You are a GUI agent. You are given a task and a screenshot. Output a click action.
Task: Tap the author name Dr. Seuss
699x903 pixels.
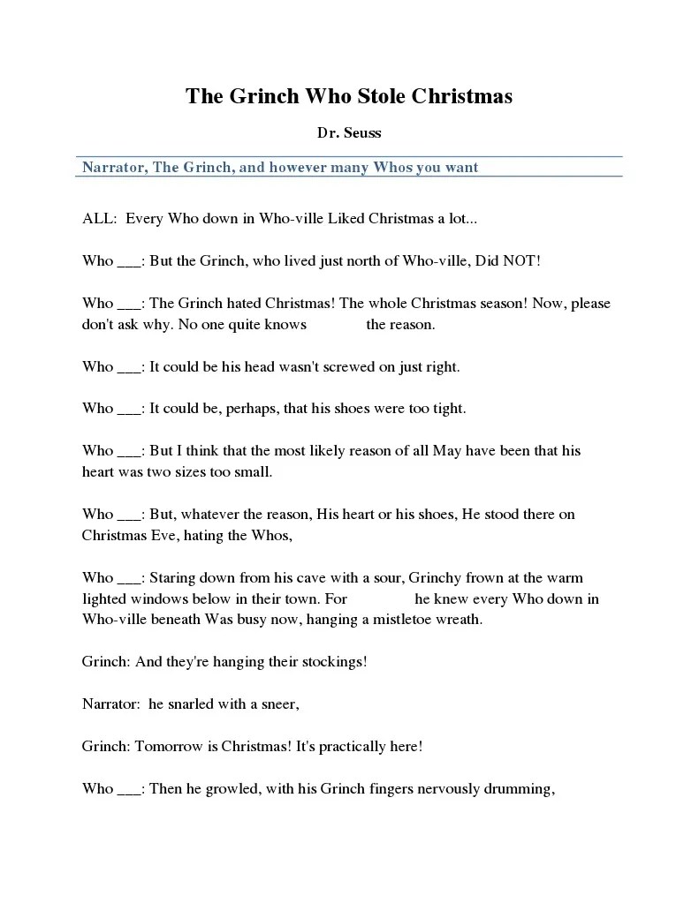[x=349, y=133]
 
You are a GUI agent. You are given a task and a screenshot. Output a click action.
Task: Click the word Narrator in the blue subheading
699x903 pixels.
[x=114, y=167]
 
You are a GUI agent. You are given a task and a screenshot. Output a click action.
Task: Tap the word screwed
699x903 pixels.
[x=343, y=366]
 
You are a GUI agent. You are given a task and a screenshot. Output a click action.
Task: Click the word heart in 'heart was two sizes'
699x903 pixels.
[x=99, y=471]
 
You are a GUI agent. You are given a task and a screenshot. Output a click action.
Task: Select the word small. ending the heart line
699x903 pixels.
[x=253, y=471]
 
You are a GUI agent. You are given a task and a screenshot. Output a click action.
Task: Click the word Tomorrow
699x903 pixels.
[x=170, y=746]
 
